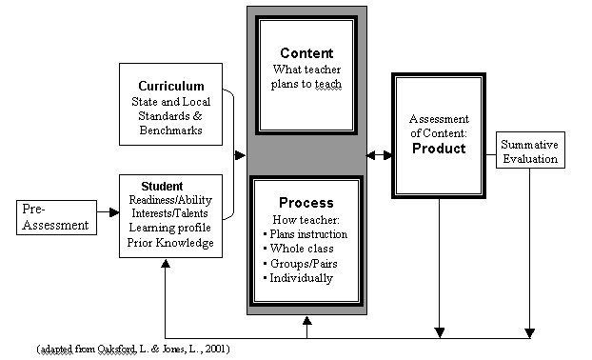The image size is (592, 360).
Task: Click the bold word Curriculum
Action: pyautogui.click(x=170, y=86)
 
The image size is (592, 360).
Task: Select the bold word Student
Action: pyautogui.click(x=162, y=185)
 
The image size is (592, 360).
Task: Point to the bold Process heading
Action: pyautogui.click(x=306, y=203)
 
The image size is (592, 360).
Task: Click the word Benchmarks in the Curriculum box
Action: pyautogui.click(x=170, y=130)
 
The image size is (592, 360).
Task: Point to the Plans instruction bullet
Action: pyautogui.click(x=306, y=234)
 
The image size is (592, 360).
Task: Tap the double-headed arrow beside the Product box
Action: pyautogui.click(x=378, y=152)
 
